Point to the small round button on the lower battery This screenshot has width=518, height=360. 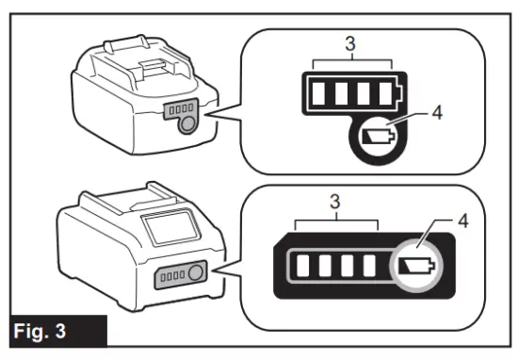pyautogui.click(x=195, y=276)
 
